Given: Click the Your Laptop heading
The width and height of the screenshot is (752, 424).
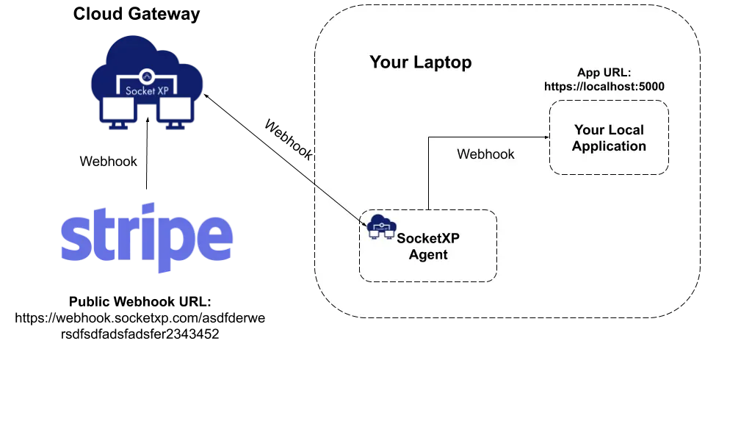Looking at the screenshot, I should tap(420, 62).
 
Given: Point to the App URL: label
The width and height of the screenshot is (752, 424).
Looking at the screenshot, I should tap(604, 72).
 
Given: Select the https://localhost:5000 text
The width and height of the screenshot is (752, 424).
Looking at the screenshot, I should tap(604, 87).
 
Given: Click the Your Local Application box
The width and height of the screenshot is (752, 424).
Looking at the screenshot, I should tap(609, 137).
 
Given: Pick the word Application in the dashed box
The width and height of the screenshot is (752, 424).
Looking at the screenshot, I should tap(609, 146).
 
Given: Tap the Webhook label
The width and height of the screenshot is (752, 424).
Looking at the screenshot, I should tap(485, 154).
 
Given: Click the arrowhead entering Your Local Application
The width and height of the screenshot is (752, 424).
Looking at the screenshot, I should tap(546, 137).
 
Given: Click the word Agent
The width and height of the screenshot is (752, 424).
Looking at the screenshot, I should tap(428, 255).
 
